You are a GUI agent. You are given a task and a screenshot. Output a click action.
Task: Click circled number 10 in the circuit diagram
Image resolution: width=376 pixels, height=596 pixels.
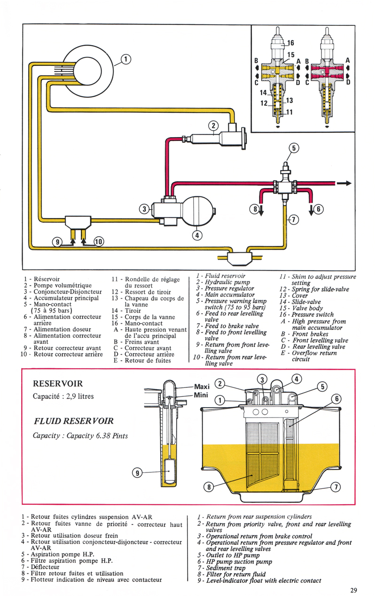coord(99,242)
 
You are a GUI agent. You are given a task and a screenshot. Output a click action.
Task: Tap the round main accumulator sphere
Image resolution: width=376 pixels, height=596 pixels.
coord(197,211)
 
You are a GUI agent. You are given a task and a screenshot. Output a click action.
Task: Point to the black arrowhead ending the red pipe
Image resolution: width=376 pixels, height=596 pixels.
coord(348,184)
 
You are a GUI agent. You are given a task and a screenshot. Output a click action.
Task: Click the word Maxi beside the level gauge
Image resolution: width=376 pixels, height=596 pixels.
coord(202,387)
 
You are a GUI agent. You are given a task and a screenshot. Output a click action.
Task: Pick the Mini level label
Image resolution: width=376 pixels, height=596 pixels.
coord(201,395)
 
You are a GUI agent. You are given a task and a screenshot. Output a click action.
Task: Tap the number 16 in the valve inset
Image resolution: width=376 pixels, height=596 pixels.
coord(290,42)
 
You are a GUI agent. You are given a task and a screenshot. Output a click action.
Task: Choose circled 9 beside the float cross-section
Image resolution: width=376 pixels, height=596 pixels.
coord(137,473)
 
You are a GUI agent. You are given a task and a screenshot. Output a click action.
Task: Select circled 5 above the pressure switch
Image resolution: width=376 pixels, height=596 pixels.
coord(294,148)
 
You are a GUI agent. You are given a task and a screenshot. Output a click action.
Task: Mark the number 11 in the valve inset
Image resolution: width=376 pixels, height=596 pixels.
coord(290,112)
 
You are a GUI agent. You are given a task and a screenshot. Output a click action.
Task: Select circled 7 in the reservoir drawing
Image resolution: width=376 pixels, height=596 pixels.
coord(336,487)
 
